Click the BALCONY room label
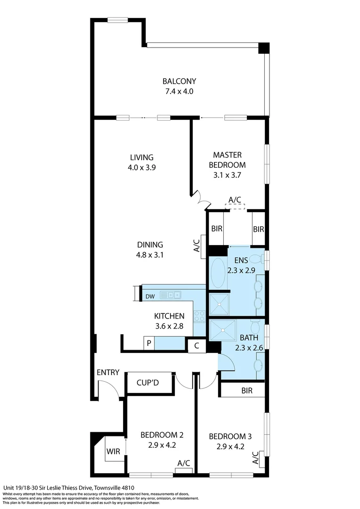(x=179, y=81)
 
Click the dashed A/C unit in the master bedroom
(x=235, y=206)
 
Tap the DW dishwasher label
(x=150, y=296)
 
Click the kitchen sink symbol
(x=171, y=296)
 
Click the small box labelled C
(x=196, y=345)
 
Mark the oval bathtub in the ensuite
(x=218, y=273)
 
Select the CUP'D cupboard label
(x=147, y=382)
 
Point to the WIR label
(x=113, y=451)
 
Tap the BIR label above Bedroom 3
(x=246, y=390)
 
